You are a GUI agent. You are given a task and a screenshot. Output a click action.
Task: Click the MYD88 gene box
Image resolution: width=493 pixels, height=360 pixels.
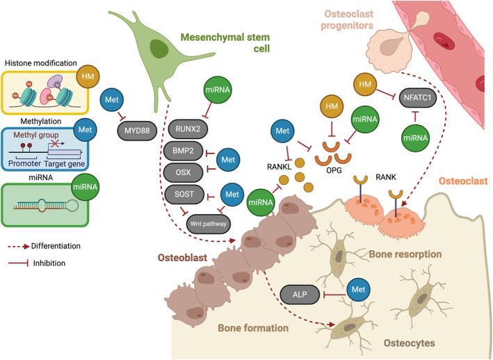pos(137,131)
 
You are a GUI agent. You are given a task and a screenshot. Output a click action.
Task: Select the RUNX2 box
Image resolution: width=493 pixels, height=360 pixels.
pos(188,129)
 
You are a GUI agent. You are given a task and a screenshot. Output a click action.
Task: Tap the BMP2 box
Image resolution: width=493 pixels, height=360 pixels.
pos(184,151)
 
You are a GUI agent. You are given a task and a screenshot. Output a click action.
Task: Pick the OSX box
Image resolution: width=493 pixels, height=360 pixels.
pos(184,172)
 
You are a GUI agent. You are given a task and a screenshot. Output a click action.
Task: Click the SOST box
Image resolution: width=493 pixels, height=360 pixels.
pos(184,194)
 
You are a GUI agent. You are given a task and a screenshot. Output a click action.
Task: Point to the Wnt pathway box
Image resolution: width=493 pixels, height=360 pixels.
pos(209,224)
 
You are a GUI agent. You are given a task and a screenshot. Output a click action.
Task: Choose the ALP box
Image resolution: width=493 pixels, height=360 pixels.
pos(300,295)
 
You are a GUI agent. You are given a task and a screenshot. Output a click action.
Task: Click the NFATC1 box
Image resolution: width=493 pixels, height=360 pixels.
pos(417,98)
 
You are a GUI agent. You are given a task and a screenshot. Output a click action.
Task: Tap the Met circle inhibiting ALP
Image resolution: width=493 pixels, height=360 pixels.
pos(358,289)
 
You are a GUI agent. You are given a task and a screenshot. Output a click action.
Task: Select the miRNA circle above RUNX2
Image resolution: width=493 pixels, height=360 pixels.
pos(218,90)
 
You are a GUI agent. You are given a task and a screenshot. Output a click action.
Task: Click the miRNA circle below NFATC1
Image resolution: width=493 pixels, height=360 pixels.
pos(415,138)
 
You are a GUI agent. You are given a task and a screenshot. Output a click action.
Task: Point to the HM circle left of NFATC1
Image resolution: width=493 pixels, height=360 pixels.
pos(365,85)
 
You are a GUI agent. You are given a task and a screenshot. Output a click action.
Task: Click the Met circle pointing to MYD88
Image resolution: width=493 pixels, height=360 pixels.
pos(112,100)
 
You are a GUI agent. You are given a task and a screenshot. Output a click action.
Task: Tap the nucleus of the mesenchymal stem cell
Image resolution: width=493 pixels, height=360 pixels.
pos(159,49)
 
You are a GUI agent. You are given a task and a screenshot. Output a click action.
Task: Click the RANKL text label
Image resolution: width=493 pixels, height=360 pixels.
pos(280,167)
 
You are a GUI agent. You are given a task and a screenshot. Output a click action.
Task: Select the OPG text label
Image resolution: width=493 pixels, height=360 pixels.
pos(334,170)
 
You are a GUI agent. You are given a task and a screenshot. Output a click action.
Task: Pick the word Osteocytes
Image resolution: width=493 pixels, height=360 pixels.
pos(410,343)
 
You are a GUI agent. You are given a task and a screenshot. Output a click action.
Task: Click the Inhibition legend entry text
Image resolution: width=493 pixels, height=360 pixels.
pos(49,263)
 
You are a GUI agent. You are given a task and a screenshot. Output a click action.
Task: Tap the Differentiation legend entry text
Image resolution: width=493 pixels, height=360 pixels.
pos(56,246)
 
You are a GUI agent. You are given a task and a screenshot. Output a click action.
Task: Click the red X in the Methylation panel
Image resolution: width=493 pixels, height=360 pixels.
pos(56,144)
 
